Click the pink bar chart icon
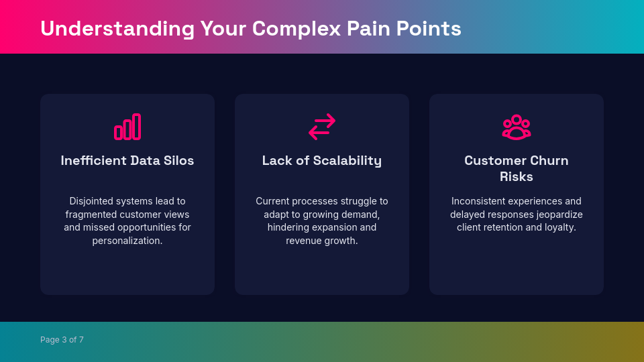tap(127, 127)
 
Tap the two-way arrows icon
tap(322, 127)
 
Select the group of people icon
tap(517, 127)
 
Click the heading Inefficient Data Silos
tap(127, 161)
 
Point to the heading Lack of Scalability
tap(322, 161)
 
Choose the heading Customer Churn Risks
tap(517, 169)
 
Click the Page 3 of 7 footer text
tap(62, 340)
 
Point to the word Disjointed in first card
tap(93, 201)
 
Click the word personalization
tap(127, 241)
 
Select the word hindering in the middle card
tap(289, 227)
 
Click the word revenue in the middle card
tap(304, 241)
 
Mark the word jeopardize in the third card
tap(559, 215)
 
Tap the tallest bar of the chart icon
tap(137, 126)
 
